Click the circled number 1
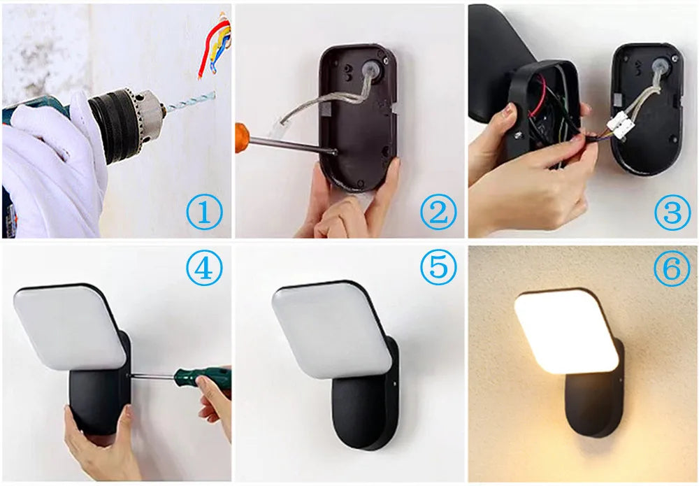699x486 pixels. [203, 213]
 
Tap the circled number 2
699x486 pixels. [438, 213]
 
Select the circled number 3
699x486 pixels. [672, 213]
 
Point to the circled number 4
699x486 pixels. [203, 269]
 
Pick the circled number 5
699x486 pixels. [438, 269]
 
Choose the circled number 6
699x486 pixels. [672, 269]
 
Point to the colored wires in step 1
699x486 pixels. [215, 45]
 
